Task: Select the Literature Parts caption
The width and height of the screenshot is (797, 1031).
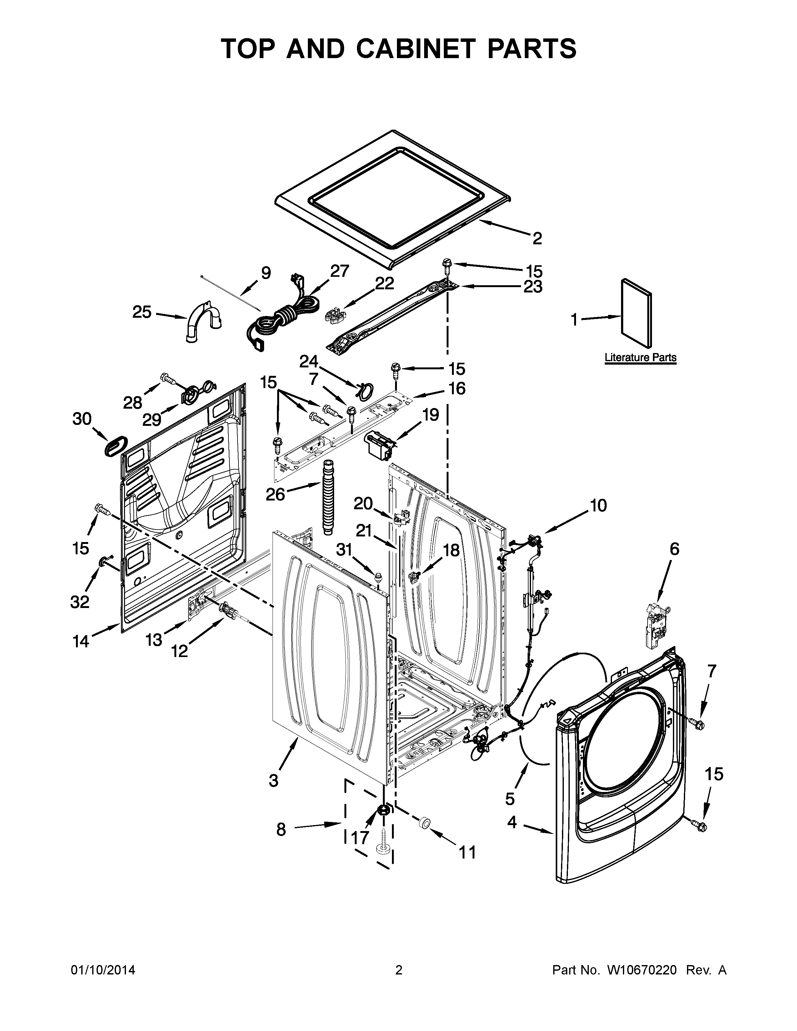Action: (640, 358)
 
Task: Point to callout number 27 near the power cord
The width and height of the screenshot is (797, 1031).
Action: (339, 271)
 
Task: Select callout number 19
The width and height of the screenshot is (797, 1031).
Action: (430, 415)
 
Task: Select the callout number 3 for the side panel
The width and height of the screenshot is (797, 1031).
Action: (273, 781)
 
